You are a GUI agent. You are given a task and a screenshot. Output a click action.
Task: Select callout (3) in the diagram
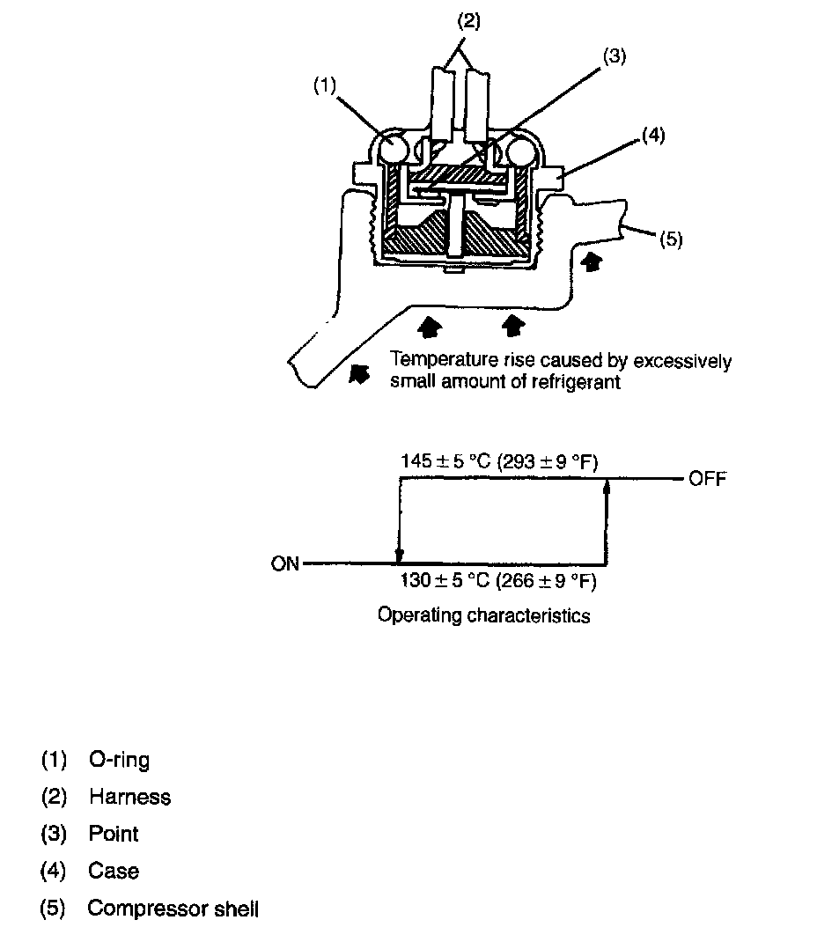click(x=614, y=55)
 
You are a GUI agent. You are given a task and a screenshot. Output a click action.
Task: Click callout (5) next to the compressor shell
click(x=671, y=240)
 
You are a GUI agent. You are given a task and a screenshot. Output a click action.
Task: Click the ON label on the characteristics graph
click(x=285, y=564)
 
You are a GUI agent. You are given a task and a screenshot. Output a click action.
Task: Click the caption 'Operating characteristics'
click(x=483, y=615)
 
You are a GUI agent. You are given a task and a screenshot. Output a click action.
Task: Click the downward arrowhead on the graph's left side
click(x=400, y=556)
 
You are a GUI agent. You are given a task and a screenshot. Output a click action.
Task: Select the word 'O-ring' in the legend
click(x=119, y=760)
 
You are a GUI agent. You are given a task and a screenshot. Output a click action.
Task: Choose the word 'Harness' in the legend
click(x=129, y=797)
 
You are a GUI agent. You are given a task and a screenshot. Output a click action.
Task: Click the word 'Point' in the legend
click(x=114, y=834)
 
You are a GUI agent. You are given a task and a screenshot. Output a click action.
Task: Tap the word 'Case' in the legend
click(x=114, y=872)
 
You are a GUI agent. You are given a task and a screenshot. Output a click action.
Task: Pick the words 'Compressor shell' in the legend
click(x=173, y=909)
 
